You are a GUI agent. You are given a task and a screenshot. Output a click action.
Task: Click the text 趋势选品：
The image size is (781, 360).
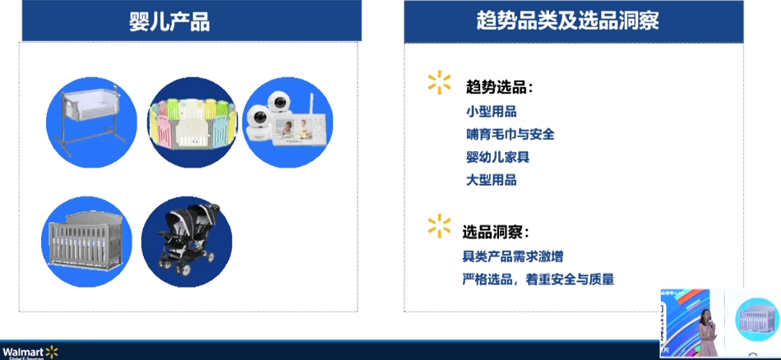pos(499,86)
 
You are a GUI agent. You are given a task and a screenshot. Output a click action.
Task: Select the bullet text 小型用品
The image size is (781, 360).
pos(491,111)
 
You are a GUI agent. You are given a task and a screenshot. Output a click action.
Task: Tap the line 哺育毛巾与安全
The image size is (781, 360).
pos(510,134)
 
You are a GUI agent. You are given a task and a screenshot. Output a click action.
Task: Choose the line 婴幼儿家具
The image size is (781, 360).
pos(497,157)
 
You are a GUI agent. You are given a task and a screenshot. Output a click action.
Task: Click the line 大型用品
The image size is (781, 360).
pos(491,180)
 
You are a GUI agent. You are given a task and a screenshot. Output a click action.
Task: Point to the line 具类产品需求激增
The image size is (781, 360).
pos(513,256)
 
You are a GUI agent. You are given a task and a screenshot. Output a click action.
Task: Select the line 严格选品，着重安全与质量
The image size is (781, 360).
pos(538,279)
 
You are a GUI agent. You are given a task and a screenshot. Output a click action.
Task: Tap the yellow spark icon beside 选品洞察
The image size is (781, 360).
pos(439,225)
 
